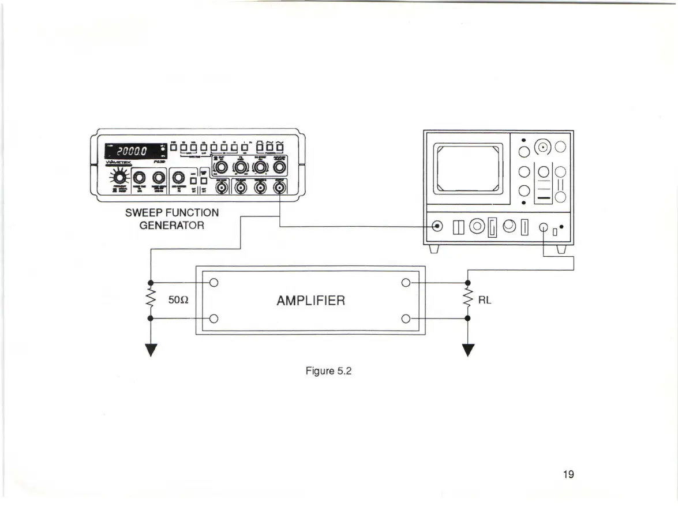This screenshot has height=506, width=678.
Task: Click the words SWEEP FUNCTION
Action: pyautogui.click(x=171, y=213)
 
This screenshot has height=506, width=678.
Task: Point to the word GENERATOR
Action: pyautogui.click(x=171, y=225)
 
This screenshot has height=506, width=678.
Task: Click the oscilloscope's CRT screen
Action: pyautogui.click(x=468, y=168)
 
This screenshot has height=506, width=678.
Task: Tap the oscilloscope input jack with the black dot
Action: pyautogui.click(x=437, y=226)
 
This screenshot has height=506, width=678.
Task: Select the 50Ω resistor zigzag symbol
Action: pyautogui.click(x=151, y=301)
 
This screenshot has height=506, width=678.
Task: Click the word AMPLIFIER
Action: pyautogui.click(x=310, y=301)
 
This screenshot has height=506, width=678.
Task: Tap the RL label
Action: pyautogui.click(x=485, y=301)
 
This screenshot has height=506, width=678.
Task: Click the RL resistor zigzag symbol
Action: pyautogui.click(x=467, y=301)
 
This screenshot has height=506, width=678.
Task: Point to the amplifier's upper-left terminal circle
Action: pyautogui.click(x=214, y=283)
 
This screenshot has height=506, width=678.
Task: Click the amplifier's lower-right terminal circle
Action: pyautogui.click(x=406, y=318)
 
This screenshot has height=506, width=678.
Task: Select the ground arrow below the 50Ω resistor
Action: pyautogui.click(x=151, y=351)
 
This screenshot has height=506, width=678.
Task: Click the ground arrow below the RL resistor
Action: pyautogui.click(x=467, y=351)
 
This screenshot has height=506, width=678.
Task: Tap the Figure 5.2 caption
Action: pyautogui.click(x=328, y=370)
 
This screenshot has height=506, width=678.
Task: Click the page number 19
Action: pyautogui.click(x=568, y=475)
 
